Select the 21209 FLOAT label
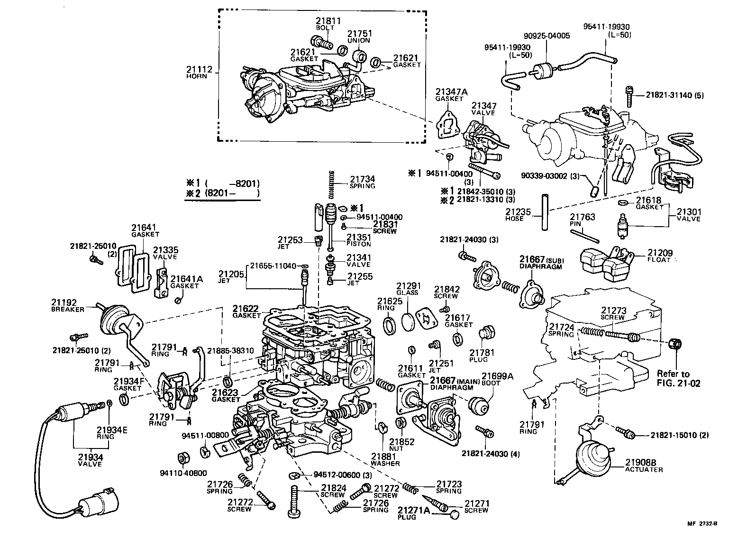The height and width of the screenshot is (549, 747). tap(660, 256)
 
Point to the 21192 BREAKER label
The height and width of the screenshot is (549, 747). tap(67, 305)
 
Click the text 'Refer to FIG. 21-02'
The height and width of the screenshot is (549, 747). tap(678, 378)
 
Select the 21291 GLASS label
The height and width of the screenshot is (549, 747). tap(408, 289)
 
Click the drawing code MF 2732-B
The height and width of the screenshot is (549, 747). tap(703, 524)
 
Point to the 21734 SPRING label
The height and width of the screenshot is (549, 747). tap(362, 182)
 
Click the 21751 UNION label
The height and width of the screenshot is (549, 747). tap(359, 37)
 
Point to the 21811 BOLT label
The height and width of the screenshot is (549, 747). tap(328, 24)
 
